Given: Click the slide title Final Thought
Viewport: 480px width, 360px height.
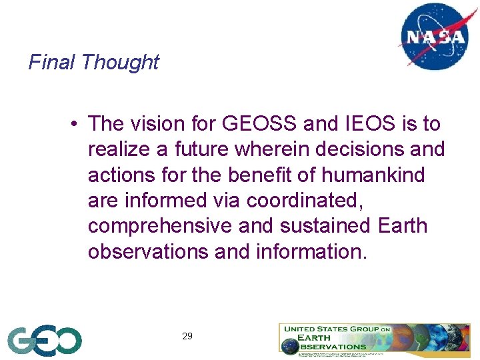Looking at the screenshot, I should tap(93, 62).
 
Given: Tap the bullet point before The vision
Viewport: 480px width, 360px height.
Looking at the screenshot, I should tap(78, 124).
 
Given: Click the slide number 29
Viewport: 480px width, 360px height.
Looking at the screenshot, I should tap(187, 336).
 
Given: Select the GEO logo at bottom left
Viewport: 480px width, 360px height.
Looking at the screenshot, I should tap(45, 340).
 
